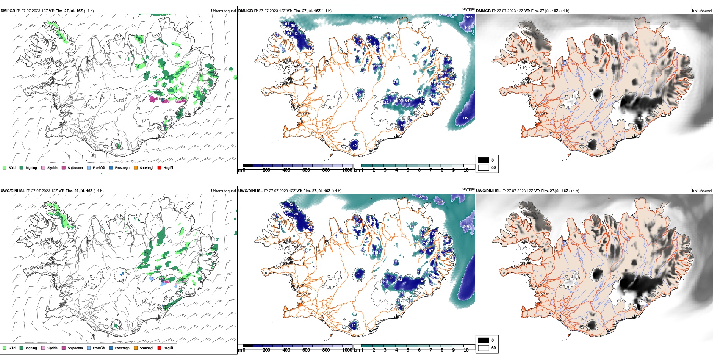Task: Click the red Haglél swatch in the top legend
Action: click(160, 167)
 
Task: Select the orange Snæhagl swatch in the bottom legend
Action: click(136, 348)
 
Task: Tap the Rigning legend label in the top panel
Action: click(31, 168)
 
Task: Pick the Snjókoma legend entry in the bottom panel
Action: click(75, 348)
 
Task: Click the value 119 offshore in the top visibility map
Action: click(465, 118)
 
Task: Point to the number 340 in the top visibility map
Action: click(468, 27)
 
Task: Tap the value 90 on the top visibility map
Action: click(359, 95)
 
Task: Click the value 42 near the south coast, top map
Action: click(355, 146)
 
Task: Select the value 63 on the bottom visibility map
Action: click(358, 274)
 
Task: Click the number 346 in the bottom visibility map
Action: click(466, 227)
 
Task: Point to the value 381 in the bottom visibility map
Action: click(440, 202)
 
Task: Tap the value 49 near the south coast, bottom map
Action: click(354, 326)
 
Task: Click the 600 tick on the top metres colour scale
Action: click(306, 170)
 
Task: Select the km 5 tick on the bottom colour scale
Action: click(408, 350)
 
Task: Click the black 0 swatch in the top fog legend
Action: click(484, 160)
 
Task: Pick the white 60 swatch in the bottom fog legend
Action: click(484, 348)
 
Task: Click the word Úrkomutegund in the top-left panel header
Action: click(223, 11)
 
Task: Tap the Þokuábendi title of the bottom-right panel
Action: click(702, 191)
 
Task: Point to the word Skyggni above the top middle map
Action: click(468, 9)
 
